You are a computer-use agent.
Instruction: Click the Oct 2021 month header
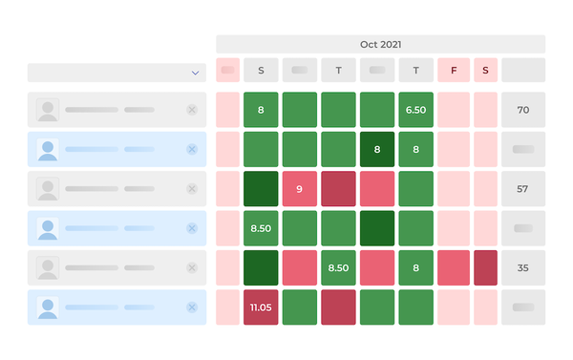[380, 44]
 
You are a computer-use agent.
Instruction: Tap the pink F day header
[454, 70]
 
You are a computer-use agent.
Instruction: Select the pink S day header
[485, 70]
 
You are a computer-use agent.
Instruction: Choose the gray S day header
[261, 70]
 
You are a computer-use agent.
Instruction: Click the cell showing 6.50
[415, 111]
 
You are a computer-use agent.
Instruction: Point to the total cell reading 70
[522, 111]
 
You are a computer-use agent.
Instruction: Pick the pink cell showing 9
[299, 189]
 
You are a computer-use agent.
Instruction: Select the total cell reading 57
[522, 189]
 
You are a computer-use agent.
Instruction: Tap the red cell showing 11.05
[261, 307]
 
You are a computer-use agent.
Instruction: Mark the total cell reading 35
[522, 268]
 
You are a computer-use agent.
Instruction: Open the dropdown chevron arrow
[195, 73]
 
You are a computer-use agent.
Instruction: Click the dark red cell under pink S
[485, 268]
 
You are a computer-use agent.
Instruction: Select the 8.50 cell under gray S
[261, 229]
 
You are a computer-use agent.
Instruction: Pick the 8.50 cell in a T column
[338, 268]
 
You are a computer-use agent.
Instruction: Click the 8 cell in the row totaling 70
[261, 111]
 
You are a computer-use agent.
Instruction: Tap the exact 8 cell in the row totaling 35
[415, 268]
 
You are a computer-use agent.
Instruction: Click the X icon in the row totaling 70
[191, 110]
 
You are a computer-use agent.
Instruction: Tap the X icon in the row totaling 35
[191, 268]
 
